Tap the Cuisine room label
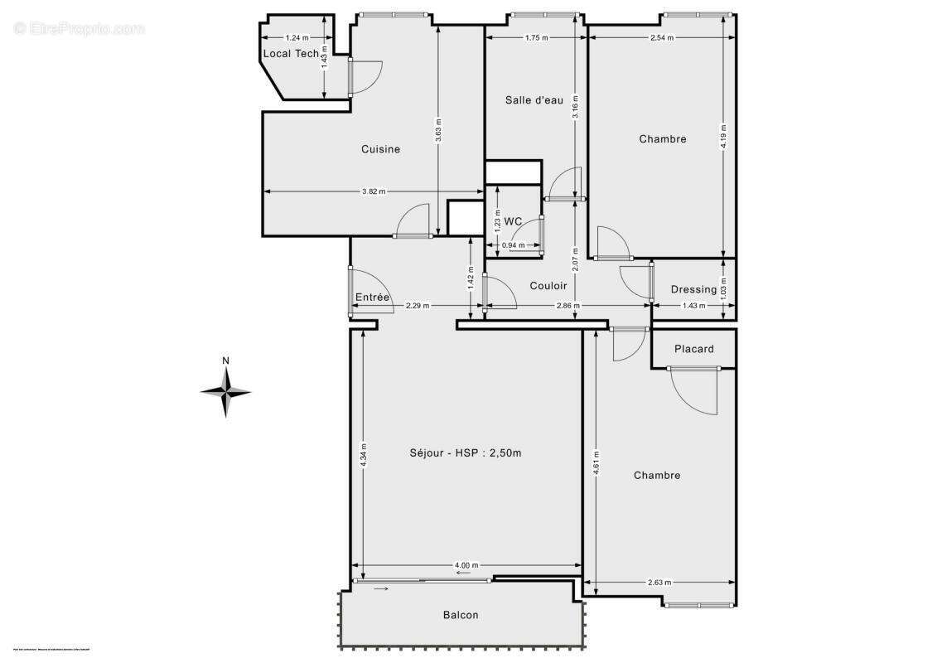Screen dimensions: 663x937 coord(380,149)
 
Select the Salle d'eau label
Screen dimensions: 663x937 coord(534,100)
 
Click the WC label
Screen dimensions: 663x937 coord(514,221)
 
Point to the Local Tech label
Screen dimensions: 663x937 coord(291,54)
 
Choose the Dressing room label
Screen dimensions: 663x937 coord(693,289)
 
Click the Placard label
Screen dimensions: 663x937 coord(693,349)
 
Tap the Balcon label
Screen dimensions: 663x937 coord(461,615)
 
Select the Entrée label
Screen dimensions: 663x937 coord(373,298)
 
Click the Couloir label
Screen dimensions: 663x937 coord(548,286)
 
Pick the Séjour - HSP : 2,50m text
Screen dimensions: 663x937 coord(466,452)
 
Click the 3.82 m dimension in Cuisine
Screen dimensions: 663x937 coord(374,191)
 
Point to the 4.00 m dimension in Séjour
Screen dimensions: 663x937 coord(466,566)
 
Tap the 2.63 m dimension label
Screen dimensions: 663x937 coord(659,583)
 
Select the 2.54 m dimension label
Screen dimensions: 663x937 coord(662,37)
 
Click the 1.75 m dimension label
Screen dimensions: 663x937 coord(537,37)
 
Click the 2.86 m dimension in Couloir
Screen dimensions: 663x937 coord(568,306)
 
